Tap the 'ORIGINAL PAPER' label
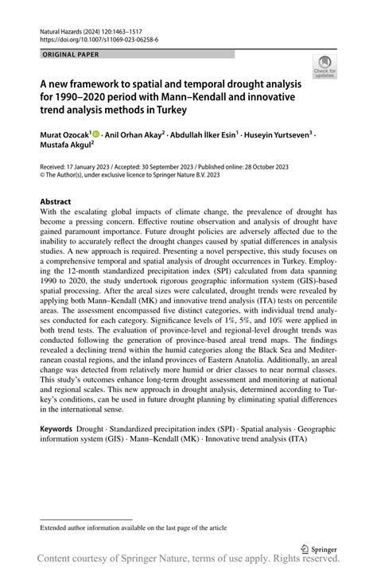pyautogui.click(x=70, y=54)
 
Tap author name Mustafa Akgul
pyautogui.click(x=68, y=147)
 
